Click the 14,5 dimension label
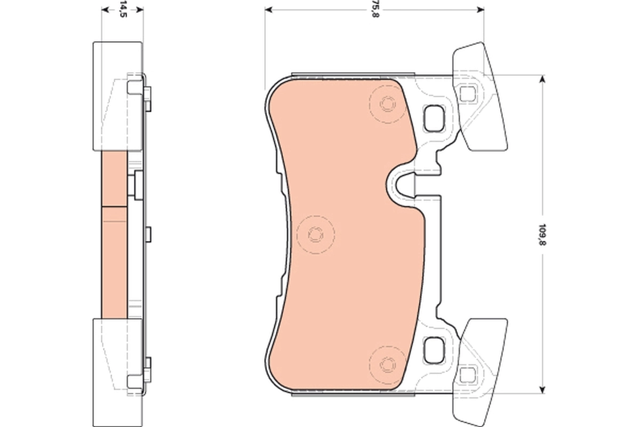123,10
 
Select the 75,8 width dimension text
376,10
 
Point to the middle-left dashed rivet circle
315,234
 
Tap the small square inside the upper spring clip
467,93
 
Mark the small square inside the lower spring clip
467,373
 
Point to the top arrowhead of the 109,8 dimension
543,79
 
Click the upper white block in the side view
117,96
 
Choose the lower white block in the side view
117,371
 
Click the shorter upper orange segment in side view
114,179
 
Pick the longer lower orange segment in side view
114,263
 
